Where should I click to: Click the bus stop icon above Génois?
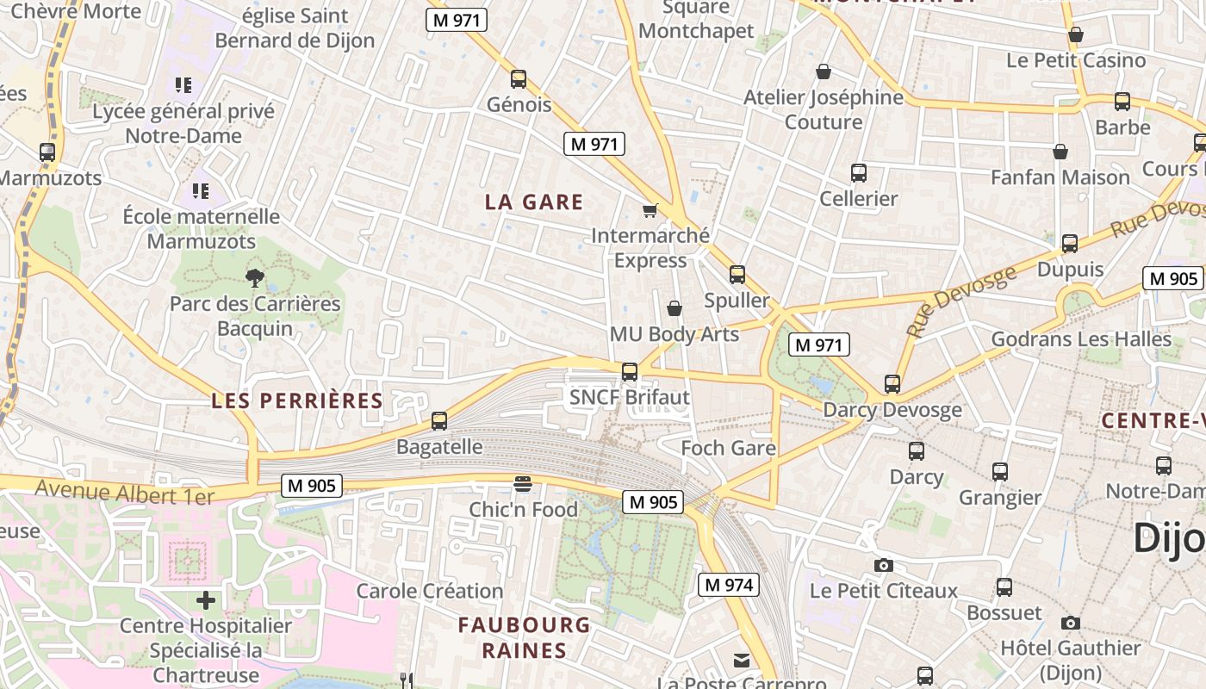pos(518,79)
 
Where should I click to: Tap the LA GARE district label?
pos(534,202)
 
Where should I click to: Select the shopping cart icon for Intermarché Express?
pos(650,210)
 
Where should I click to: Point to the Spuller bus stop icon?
pos(737,275)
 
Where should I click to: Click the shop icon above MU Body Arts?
pos(674,308)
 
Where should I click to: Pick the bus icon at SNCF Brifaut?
pos(630,372)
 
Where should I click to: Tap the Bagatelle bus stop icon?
pos(439,421)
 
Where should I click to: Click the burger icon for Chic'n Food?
pos(522,483)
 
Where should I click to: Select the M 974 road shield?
pos(729,586)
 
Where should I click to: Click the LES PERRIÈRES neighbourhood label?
pos(297,400)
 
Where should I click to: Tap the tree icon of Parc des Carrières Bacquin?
pos(254,277)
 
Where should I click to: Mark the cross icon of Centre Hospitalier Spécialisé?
pos(206,599)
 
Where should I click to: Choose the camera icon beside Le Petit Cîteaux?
pos(883,565)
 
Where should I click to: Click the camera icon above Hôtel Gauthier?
pos(1070,623)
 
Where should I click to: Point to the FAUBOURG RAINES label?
pos(524,637)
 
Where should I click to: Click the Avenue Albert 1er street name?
pos(124,493)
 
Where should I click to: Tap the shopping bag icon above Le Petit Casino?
pos(1075,35)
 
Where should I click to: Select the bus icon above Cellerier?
pos(858,173)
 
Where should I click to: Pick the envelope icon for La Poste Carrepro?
pos(741,661)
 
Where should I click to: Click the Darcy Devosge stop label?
pos(892,410)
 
